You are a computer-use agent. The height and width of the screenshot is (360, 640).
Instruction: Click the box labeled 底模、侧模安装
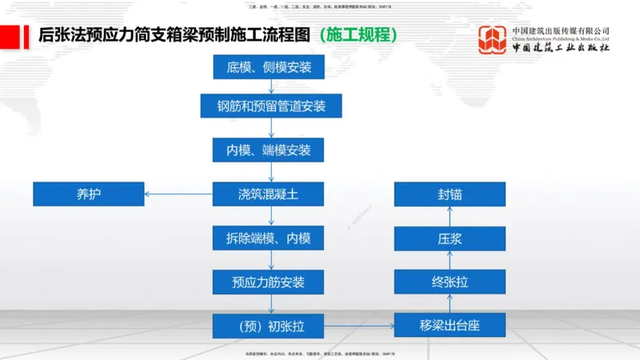(x=269, y=66)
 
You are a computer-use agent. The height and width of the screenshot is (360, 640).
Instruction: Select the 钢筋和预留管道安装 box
(x=271, y=106)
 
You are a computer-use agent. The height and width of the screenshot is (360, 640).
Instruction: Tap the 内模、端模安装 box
(x=269, y=150)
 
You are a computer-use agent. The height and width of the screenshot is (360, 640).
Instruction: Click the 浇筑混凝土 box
(x=269, y=194)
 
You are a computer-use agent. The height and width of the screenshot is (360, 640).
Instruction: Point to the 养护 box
(x=88, y=194)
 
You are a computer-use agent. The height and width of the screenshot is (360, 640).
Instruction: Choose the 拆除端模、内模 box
(x=269, y=238)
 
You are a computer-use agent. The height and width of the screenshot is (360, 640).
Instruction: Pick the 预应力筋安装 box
(x=269, y=282)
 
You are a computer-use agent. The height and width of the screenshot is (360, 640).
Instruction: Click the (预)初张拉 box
(x=269, y=326)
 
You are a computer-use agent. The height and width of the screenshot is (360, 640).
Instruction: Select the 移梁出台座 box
(x=450, y=326)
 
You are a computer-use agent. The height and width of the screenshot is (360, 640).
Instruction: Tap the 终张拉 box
(x=450, y=282)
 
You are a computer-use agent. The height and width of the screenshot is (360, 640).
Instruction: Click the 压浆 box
(x=450, y=238)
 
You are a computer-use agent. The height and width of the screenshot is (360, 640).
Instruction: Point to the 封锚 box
(x=450, y=194)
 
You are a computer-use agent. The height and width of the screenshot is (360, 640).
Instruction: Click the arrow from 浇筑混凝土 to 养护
(x=178, y=194)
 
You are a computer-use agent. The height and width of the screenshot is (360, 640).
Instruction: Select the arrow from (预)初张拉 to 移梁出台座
(x=359, y=326)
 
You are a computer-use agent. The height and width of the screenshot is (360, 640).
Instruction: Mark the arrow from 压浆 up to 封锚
(x=450, y=216)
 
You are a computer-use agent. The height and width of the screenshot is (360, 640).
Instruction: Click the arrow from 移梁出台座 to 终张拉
(x=450, y=303)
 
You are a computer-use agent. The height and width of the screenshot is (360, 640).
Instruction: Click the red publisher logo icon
(x=492, y=40)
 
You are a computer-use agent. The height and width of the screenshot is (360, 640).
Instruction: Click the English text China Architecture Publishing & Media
(x=561, y=38)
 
